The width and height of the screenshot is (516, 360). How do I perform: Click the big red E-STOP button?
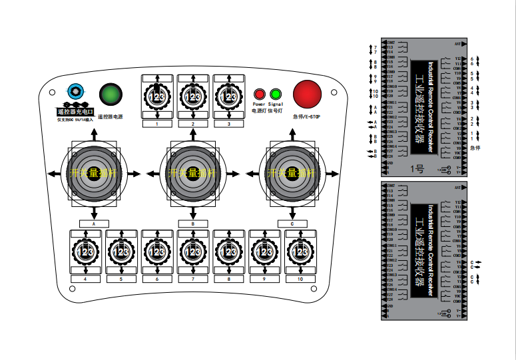click(x=307, y=94)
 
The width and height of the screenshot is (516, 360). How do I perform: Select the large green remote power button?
click(x=111, y=94)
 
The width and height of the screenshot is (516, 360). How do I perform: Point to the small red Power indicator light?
click(x=260, y=94)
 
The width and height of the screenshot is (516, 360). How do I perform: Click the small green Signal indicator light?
click(x=276, y=94)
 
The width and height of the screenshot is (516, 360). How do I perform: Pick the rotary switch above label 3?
click(x=228, y=97)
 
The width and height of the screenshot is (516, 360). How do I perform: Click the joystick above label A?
click(x=94, y=172)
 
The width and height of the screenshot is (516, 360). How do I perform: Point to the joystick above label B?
click(x=193, y=172)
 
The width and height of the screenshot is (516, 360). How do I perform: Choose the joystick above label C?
click(x=292, y=172)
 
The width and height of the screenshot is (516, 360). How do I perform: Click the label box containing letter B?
click(x=193, y=224)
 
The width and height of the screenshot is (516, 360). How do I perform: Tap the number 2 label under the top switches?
click(x=193, y=124)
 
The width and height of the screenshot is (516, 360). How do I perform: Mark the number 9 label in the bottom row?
click(x=265, y=280)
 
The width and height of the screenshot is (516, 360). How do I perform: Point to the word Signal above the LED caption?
click(x=276, y=104)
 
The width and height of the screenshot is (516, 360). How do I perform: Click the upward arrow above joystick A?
click(x=94, y=132)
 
